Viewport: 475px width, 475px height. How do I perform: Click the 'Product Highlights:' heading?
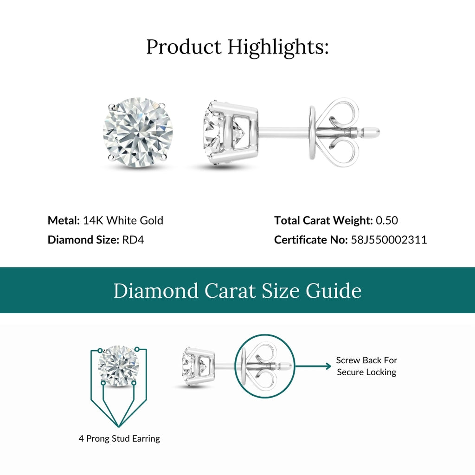coord(237,47)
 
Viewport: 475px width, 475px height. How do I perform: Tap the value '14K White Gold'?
coord(123,220)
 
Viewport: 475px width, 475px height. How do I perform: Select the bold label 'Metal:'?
coord(64,220)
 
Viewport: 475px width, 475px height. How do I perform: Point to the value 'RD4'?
coord(133,240)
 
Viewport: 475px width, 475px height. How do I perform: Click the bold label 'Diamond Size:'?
coord(83,240)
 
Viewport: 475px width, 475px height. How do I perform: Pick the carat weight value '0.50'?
coord(387,220)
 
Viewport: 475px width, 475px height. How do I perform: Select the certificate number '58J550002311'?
coord(389,240)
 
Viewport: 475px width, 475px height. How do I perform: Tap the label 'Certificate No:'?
coord(310,240)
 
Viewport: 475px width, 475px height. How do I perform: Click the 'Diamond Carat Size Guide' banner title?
coord(237,291)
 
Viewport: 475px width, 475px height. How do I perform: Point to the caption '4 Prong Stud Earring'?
coord(119,438)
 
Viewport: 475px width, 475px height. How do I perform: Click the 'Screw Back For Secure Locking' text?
coord(366,366)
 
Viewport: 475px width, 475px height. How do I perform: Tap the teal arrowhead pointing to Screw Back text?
coord(328,366)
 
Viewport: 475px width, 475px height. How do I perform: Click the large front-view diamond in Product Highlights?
coord(138,132)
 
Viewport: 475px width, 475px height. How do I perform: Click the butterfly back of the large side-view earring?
coord(333,132)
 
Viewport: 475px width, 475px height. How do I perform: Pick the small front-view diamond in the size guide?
coord(119,365)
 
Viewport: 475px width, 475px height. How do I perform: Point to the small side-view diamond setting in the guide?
coord(199,366)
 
